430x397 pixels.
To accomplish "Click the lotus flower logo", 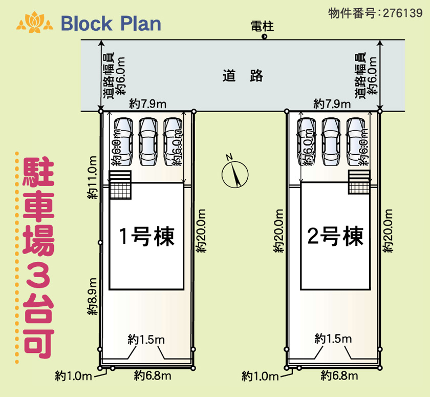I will tap(35, 23).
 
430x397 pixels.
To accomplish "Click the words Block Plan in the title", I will tap(111, 24).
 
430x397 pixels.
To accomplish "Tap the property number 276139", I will tap(401, 13).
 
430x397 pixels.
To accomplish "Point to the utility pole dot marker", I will tap(264, 37).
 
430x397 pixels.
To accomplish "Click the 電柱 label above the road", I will tap(262, 26).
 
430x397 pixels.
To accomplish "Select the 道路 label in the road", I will tap(243, 76).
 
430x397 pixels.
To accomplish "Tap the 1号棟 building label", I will tap(147, 237).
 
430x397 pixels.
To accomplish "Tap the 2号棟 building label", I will tap(335, 237).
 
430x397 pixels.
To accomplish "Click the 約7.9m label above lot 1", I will tap(147, 103).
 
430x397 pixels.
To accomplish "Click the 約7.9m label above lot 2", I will tap(332, 103).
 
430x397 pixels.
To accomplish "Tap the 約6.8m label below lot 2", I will tap(339, 376).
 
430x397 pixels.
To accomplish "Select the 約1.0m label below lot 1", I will tap(73, 376).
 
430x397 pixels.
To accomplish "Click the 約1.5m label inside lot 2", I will tap(333, 339).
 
